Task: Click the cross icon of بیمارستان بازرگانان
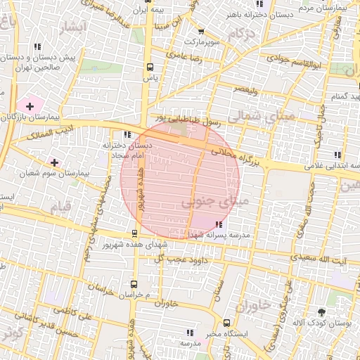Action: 30,105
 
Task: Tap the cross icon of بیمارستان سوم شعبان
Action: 54,162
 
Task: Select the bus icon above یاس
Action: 149,67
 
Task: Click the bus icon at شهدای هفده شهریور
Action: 134,233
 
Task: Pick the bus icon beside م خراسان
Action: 134,285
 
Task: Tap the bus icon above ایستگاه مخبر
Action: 226,323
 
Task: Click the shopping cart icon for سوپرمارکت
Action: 201,32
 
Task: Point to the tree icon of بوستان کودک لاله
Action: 322,311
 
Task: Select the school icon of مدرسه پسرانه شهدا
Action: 209,224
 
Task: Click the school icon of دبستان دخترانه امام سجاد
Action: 127,134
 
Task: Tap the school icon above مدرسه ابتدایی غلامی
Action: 337,155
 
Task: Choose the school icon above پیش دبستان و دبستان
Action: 37,47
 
